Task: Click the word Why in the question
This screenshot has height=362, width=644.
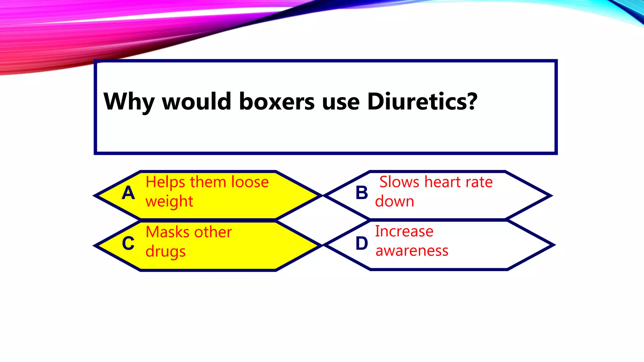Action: click(129, 102)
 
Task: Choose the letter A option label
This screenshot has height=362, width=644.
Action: click(128, 193)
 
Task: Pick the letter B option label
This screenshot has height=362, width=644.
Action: click(362, 193)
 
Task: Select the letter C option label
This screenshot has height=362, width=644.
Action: click(128, 244)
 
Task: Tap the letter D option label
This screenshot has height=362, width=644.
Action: click(362, 244)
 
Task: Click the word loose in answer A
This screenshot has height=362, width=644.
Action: click(250, 182)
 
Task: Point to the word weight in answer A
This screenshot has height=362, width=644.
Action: click(169, 201)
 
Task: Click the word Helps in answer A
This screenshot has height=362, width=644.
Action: click(165, 182)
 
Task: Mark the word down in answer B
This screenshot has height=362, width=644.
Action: click(395, 201)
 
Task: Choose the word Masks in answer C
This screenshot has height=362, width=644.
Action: click(167, 232)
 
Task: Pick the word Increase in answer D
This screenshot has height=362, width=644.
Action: click(404, 232)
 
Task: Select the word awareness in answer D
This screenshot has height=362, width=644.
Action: click(412, 251)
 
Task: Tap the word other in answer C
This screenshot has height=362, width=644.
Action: click(213, 232)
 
